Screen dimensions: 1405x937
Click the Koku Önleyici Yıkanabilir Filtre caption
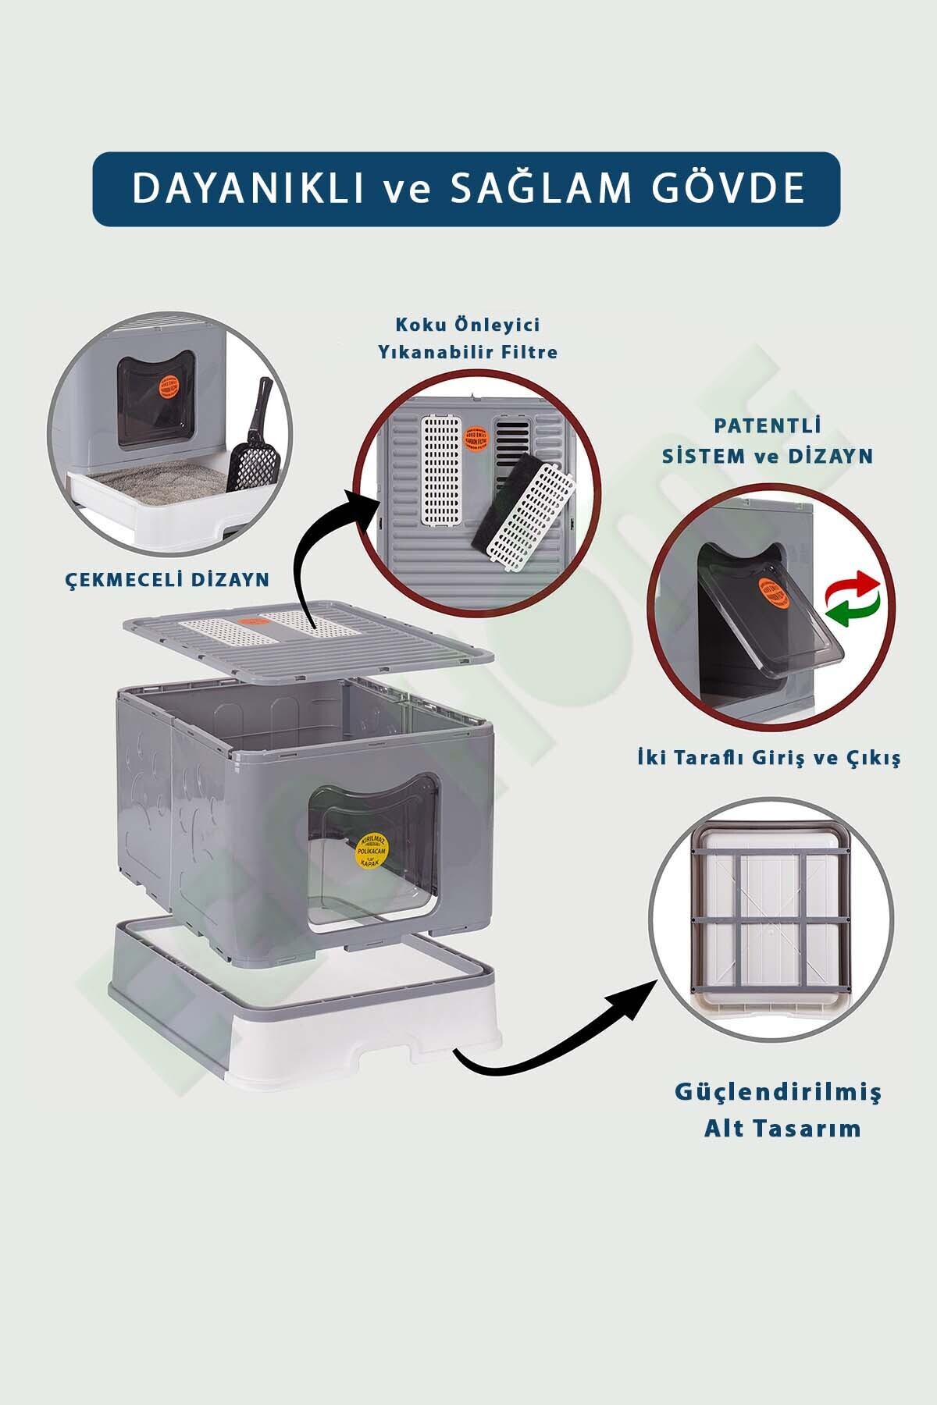468,338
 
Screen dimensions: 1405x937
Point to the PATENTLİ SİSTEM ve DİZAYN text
767,441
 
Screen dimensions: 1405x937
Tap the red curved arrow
857,584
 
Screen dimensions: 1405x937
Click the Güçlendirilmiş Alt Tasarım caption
778,1109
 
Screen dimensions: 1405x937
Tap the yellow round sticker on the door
373,850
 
